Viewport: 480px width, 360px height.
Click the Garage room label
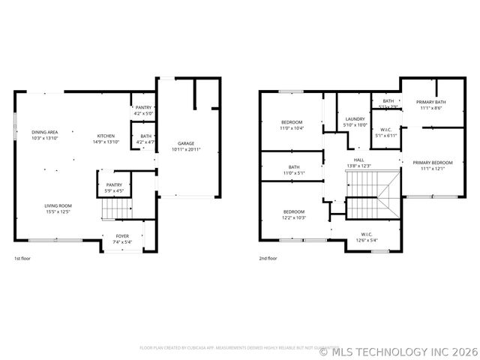[x=186, y=146]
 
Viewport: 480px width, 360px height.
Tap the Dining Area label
[x=44, y=135]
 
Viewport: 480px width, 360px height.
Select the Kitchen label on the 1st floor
[x=105, y=139]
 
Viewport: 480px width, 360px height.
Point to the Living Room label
[x=57, y=208]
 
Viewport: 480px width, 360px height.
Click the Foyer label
[x=121, y=239]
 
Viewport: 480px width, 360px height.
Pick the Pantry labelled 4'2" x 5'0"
[x=143, y=111]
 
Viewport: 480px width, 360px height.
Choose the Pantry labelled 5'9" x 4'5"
[x=114, y=187]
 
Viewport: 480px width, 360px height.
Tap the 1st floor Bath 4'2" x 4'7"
[x=145, y=139]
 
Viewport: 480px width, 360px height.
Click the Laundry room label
[x=355, y=121]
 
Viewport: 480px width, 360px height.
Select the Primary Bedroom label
[x=433, y=165]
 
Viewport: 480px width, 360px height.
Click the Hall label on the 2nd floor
[x=359, y=162]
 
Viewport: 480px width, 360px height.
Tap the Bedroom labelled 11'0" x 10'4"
[x=292, y=125]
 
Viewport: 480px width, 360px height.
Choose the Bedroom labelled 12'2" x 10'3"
[x=294, y=214]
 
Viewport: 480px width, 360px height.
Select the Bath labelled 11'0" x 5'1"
[x=294, y=169]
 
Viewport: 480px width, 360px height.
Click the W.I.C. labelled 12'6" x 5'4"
[x=367, y=238]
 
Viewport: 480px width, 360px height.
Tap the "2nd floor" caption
[x=268, y=258]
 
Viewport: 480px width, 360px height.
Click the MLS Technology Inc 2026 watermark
[x=397, y=350]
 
